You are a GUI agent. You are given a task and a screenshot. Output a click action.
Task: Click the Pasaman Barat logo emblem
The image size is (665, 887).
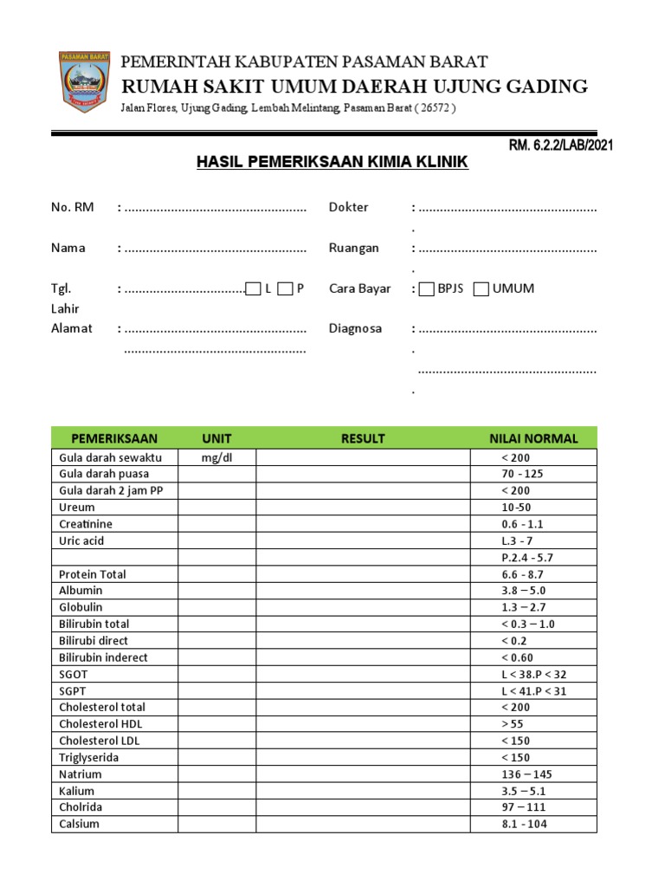tap(85, 81)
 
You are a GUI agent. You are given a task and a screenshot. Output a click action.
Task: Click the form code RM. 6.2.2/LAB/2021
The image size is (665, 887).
tap(560, 145)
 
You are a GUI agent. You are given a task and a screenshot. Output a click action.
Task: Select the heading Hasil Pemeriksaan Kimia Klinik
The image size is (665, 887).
tap(332, 162)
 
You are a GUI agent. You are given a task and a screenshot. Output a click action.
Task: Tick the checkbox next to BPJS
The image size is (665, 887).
tap(426, 289)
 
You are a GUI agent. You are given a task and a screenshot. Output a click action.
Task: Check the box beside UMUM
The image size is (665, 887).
tap(481, 289)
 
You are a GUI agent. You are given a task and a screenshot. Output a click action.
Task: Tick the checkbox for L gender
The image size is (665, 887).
tap(254, 289)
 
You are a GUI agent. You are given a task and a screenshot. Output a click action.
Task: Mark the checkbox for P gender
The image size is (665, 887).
tap(286, 289)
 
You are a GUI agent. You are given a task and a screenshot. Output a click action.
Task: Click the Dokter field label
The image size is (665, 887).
tap(348, 207)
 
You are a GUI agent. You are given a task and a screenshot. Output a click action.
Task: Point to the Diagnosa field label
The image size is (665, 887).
tap(355, 328)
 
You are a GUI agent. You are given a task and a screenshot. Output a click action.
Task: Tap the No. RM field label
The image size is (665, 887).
tap(73, 207)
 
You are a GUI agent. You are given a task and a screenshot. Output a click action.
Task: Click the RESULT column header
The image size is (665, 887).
tap(363, 438)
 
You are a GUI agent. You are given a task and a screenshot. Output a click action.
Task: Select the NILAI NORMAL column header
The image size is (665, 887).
tap(533, 438)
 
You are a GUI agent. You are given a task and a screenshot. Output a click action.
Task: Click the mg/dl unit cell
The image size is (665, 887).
tap(216, 457)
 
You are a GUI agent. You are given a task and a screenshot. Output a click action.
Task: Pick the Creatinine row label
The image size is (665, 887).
tap(86, 524)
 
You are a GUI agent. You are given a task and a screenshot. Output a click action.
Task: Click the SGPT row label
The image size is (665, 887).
tap(74, 690)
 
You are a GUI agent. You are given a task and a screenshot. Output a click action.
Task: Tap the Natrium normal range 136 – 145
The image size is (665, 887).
tap(526, 774)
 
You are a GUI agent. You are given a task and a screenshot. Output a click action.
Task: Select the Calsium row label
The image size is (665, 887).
tap(79, 824)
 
